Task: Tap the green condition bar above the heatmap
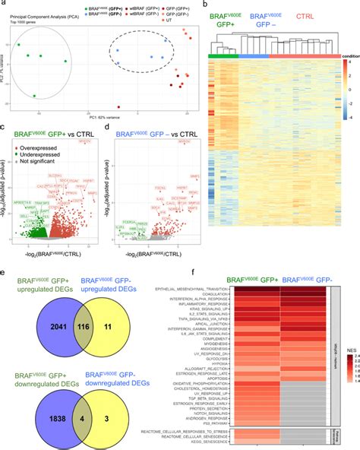223,55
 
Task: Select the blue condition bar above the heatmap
254,55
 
